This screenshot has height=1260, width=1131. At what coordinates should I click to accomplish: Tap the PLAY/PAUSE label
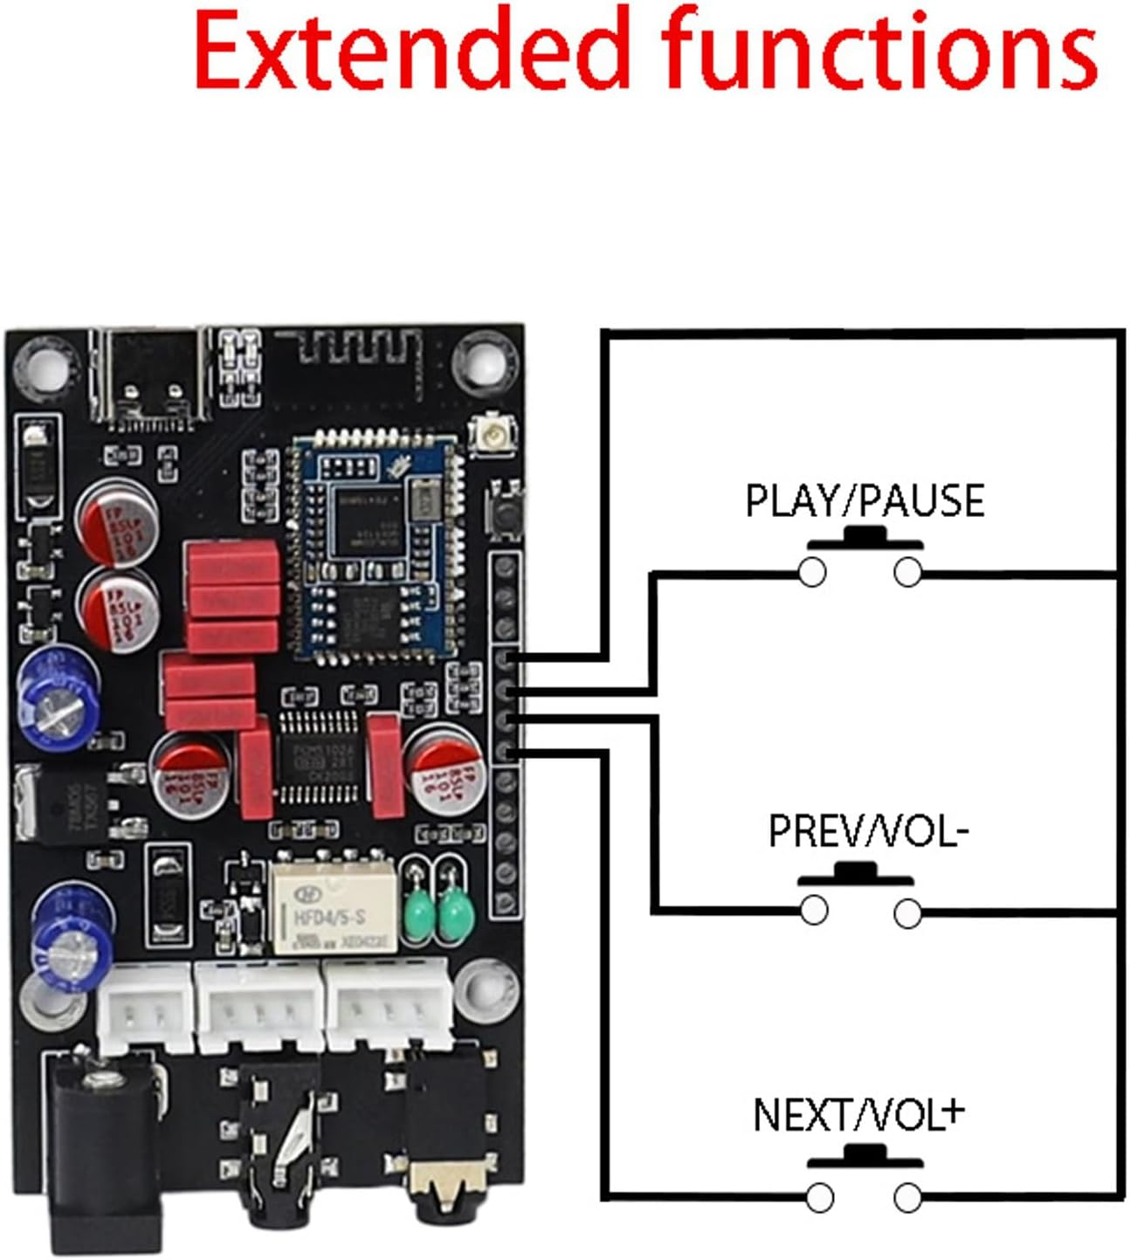[x=864, y=500]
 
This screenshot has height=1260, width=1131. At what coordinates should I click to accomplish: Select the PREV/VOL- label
[x=867, y=830]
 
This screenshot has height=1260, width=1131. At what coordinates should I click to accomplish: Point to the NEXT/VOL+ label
[x=858, y=1114]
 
